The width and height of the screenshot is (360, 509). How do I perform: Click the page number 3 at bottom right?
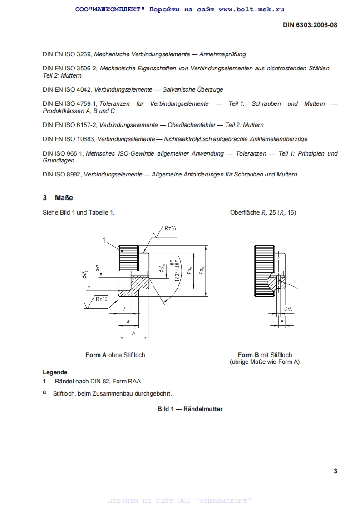[x=335, y=471]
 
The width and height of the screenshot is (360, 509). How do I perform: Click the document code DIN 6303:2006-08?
[x=310, y=25]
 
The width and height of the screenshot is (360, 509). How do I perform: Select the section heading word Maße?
[x=64, y=198]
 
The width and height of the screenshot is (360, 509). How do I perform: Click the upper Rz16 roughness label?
[x=170, y=228]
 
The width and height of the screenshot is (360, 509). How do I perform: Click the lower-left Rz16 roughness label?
[x=101, y=299]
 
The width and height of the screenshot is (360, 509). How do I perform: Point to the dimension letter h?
[x=133, y=333]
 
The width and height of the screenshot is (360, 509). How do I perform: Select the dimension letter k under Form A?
[x=128, y=321]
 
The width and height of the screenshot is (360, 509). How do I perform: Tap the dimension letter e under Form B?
[x=282, y=321]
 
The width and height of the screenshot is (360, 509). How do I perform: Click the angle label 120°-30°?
[x=177, y=271]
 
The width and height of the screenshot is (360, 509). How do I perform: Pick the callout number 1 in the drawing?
[x=104, y=240]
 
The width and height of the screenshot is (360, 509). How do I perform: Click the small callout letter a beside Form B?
[x=297, y=288]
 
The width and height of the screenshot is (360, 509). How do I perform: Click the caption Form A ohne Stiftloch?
[x=115, y=355]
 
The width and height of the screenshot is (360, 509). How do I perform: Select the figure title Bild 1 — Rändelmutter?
[x=190, y=409]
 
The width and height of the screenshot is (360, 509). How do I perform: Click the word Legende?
[x=55, y=372]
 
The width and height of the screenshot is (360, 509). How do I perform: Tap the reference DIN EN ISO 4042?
[x=67, y=90]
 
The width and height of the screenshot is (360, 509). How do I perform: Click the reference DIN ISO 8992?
[x=62, y=174]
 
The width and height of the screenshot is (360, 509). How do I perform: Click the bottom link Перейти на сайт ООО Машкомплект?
[x=180, y=500]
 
